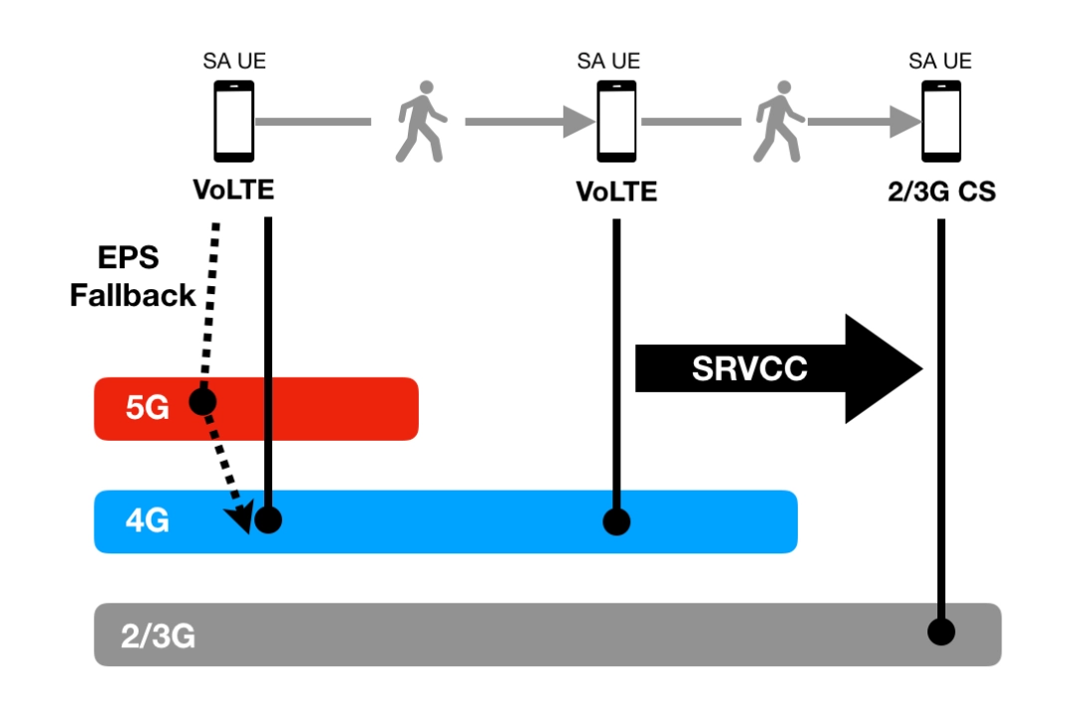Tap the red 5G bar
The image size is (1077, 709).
tap(299, 408)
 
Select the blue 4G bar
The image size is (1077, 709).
tap(449, 521)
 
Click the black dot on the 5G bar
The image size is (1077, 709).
tap(202, 401)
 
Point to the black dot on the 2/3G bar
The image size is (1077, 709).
tap(940, 631)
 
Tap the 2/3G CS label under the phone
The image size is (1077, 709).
tap(940, 191)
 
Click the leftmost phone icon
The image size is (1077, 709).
tap(234, 121)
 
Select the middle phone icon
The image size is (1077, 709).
tap(616, 121)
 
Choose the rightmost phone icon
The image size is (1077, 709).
tap(940, 121)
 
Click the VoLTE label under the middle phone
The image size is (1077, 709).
tap(616, 190)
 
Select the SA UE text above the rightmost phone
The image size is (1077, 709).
tap(940, 62)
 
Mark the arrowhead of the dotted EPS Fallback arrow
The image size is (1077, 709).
tap(239, 520)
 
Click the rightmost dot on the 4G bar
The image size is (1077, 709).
tap(617, 521)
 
